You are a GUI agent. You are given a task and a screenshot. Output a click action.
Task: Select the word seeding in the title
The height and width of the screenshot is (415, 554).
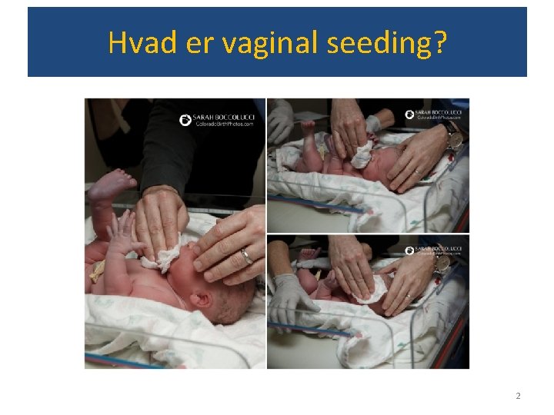coord(379,44)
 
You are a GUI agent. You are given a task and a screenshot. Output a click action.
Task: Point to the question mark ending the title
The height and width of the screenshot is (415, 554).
coord(439,43)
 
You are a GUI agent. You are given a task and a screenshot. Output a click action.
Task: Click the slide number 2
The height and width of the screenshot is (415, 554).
coord(518,396)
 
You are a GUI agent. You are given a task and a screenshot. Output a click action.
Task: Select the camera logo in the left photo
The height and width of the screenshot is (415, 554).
coord(185,119)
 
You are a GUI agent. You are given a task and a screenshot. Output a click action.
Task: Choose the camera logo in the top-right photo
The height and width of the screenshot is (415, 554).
coord(409,115)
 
